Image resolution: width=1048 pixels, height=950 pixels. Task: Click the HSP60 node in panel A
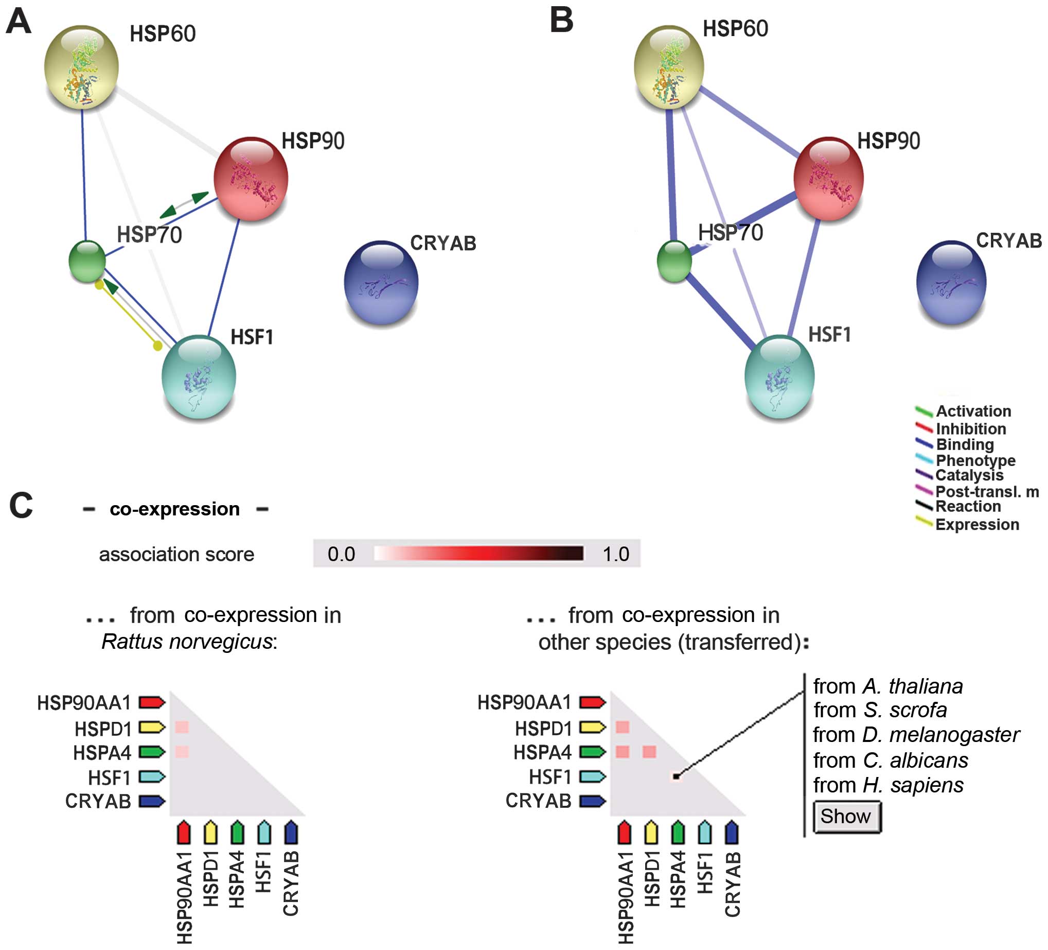coord(82,66)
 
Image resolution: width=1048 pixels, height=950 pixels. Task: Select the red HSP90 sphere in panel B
coord(828,178)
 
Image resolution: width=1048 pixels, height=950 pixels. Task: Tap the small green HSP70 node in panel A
coord(87,261)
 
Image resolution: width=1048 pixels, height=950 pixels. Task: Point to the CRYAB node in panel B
coord(951,282)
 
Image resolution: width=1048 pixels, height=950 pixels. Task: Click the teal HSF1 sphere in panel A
coord(199,377)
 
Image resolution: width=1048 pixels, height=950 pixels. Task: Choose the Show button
coord(846,816)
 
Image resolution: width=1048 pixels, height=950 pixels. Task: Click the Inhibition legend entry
coord(970,429)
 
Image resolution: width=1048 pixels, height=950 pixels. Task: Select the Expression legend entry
coord(977,524)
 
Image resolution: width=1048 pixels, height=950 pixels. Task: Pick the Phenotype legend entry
coord(975,460)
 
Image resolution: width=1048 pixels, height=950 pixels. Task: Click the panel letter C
coord(21,506)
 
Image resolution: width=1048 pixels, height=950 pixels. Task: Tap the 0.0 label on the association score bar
coord(341,554)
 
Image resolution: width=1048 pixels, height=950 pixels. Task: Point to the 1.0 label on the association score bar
coord(615,554)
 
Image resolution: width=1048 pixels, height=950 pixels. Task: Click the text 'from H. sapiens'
coord(888,785)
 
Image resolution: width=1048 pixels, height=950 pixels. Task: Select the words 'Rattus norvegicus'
coord(187,642)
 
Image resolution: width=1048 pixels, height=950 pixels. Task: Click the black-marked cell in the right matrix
coord(676,776)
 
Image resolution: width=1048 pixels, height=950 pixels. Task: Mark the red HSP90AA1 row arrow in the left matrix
coord(152,702)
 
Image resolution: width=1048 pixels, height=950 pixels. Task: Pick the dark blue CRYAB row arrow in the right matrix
coord(593,801)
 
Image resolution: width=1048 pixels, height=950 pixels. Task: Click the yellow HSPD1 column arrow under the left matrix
coord(210,832)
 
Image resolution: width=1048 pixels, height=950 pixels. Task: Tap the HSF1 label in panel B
coord(830,335)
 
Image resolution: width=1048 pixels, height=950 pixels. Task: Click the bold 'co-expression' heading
coord(175,509)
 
